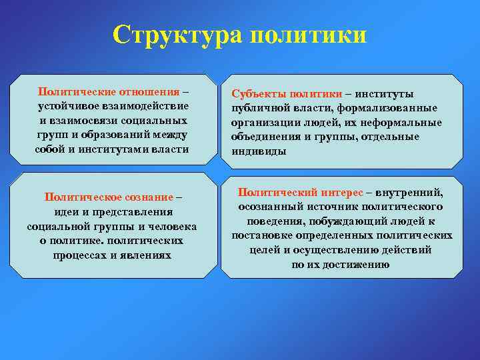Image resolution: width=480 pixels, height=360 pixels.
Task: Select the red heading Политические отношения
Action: click(x=109, y=91)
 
